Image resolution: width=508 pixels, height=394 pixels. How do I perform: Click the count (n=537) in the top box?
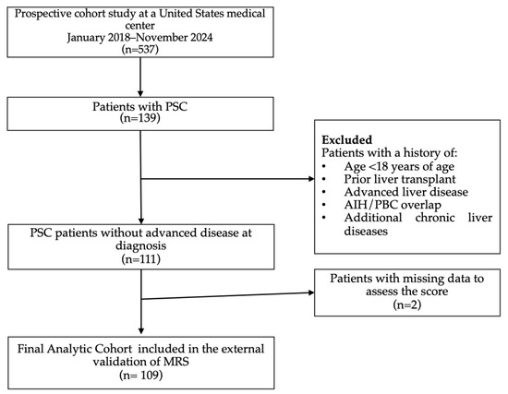[x=138, y=52]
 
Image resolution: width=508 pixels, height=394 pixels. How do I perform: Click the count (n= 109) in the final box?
[x=139, y=376]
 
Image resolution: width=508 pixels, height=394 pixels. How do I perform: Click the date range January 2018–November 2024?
[x=138, y=38]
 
